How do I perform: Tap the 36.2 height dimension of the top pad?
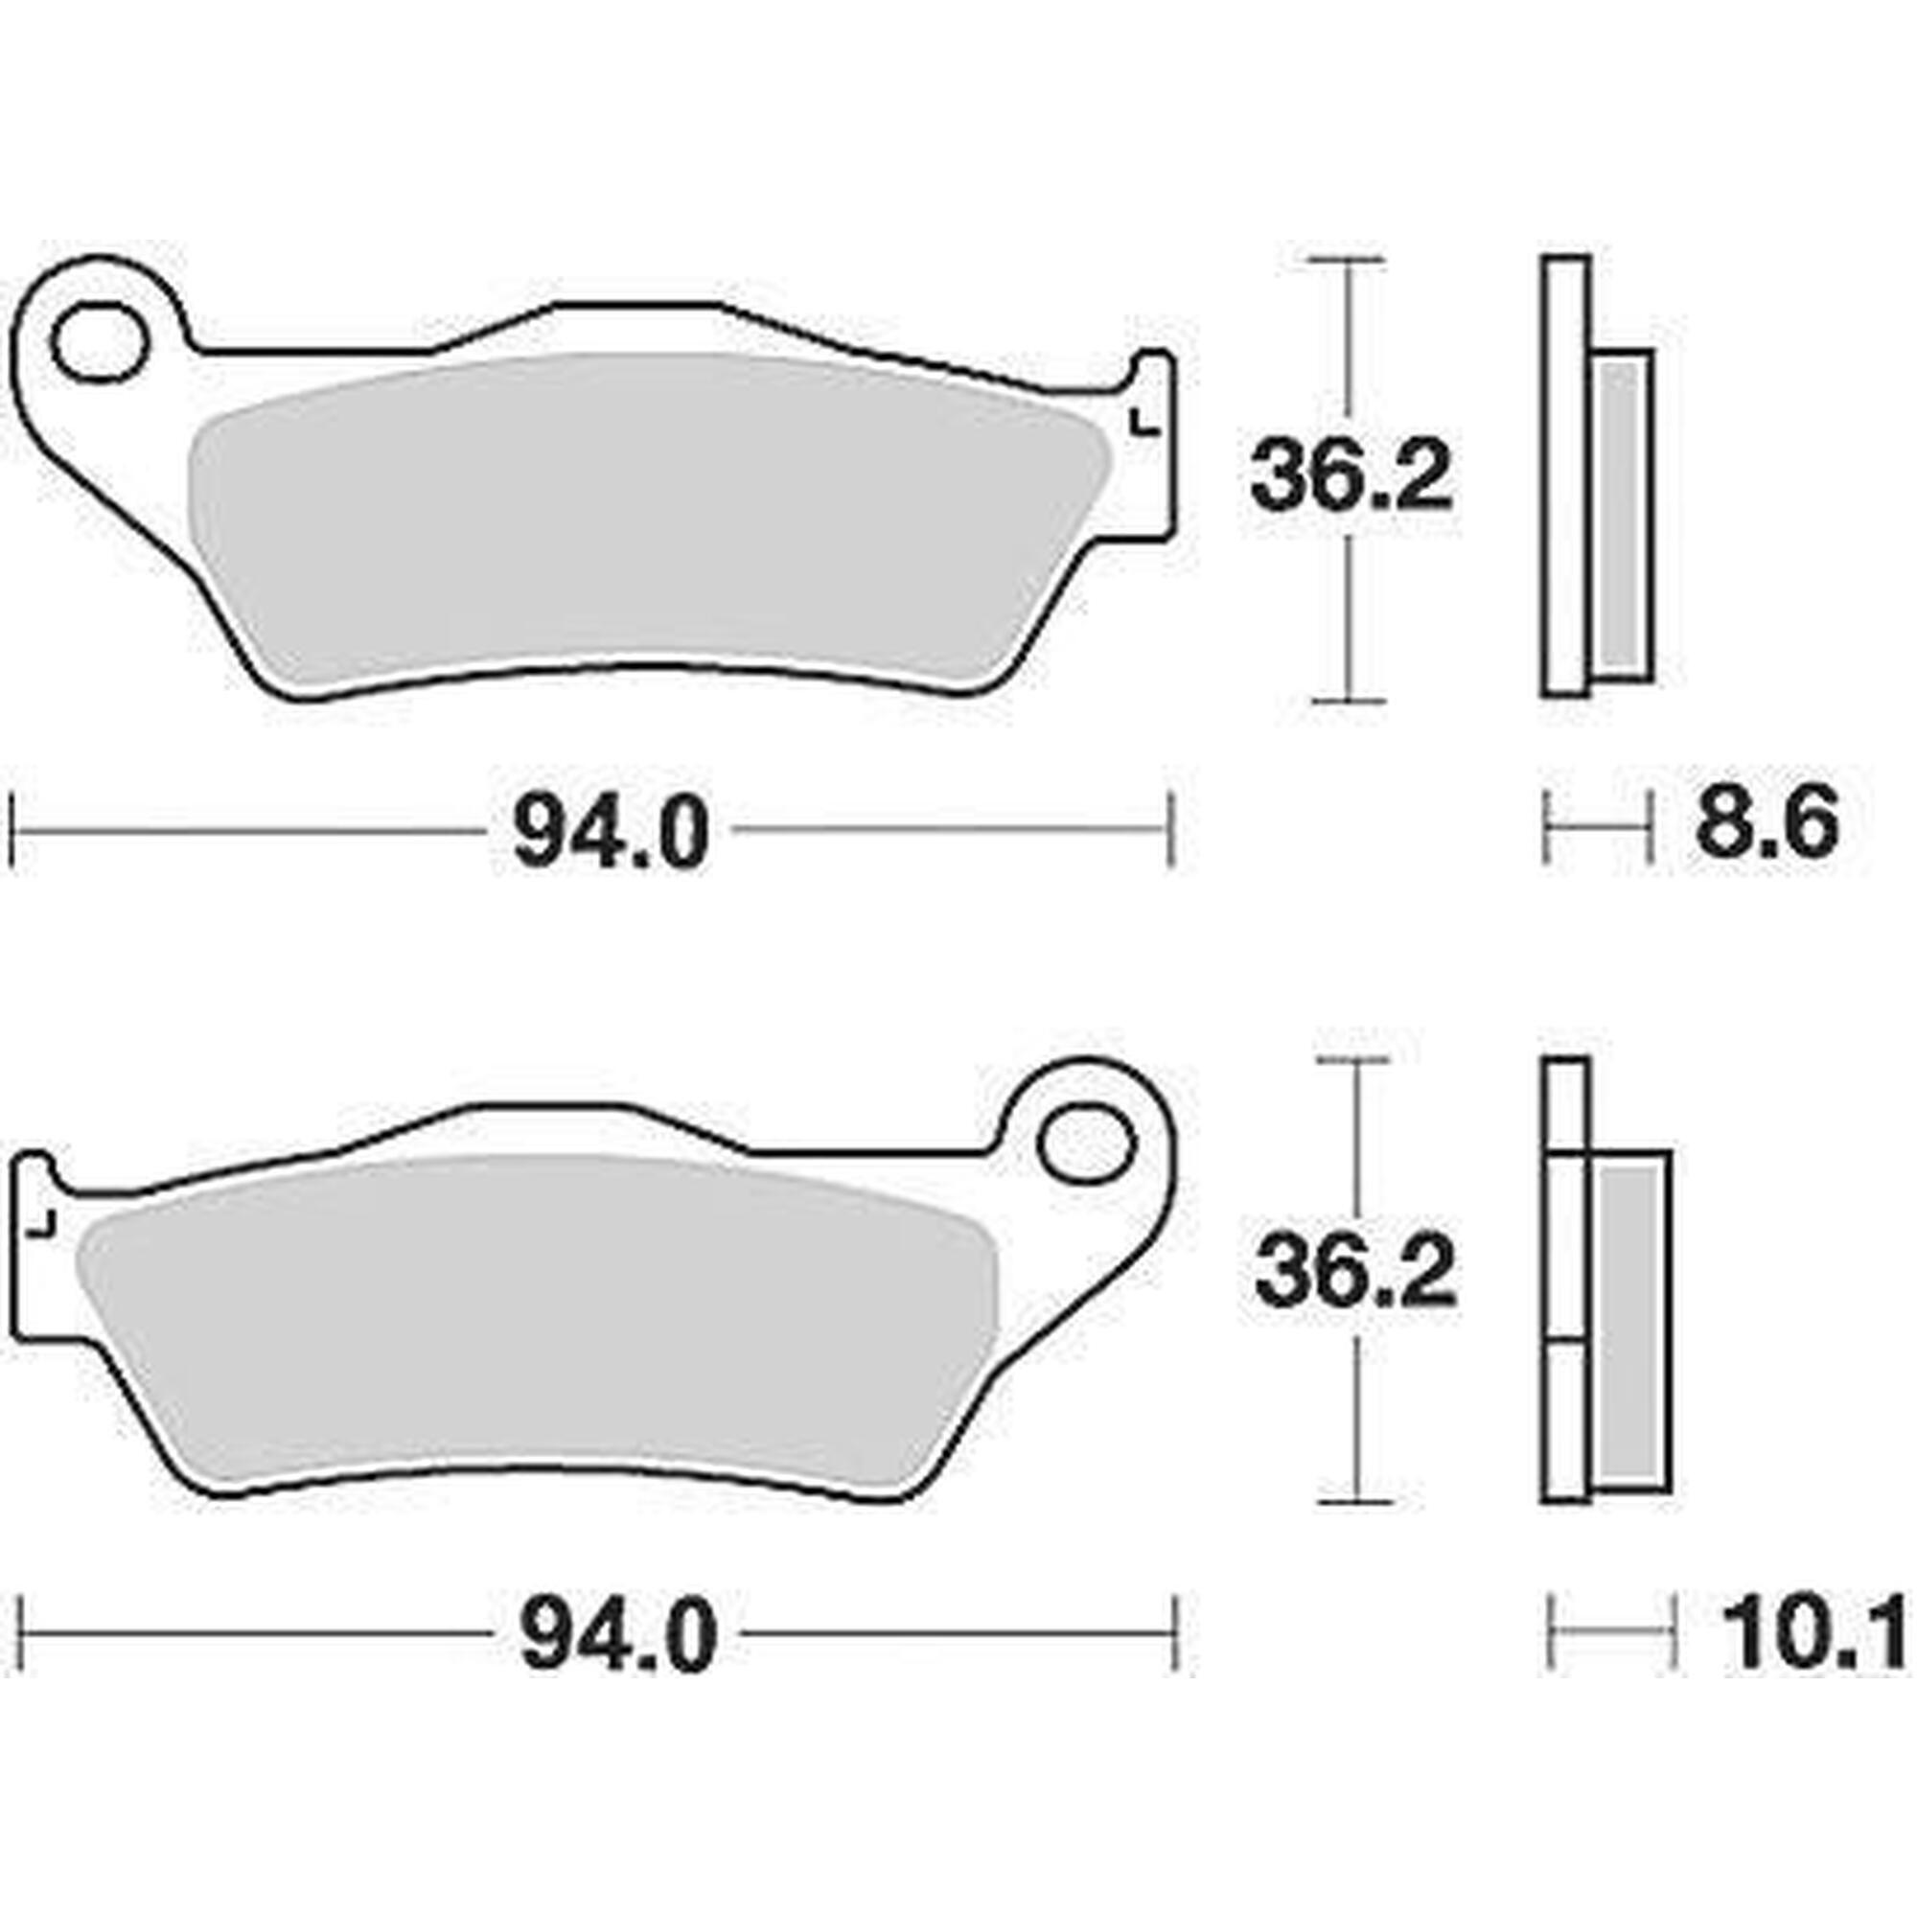1351,477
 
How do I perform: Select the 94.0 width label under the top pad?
612,834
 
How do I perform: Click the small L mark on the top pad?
1144,424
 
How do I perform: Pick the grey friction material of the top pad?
645,516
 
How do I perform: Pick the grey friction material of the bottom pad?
536,1320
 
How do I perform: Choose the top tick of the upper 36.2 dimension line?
1346,260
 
